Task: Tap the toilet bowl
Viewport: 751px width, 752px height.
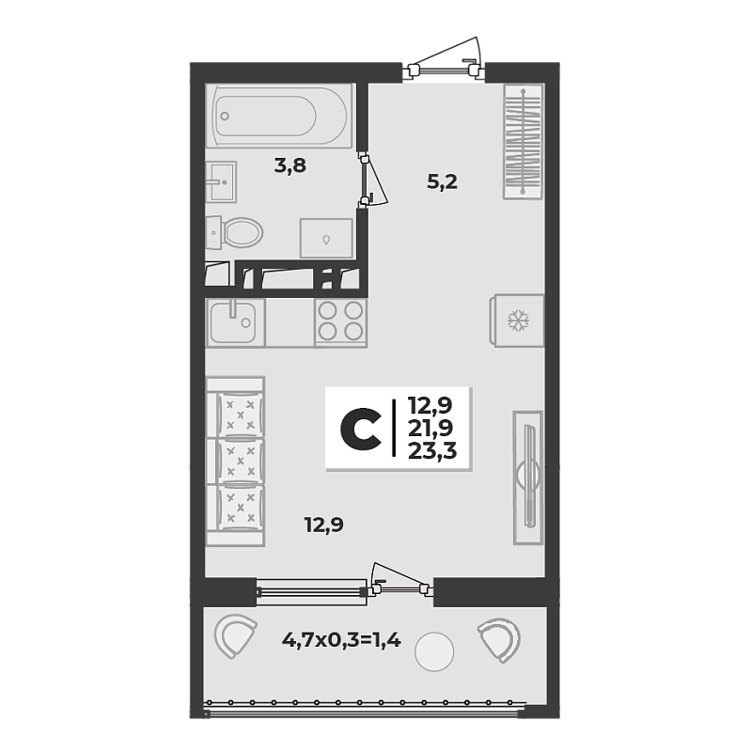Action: [x=235, y=232]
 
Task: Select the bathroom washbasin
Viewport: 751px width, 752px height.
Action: [x=221, y=181]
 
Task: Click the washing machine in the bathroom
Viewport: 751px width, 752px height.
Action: [x=326, y=238]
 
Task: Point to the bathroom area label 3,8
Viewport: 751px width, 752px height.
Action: [x=290, y=166]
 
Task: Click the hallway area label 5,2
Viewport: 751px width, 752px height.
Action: [x=442, y=181]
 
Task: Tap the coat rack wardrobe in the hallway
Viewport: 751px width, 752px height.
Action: [x=524, y=142]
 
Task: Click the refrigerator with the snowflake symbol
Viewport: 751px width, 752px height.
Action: [x=517, y=320]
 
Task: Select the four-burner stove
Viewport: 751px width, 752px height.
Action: [x=341, y=321]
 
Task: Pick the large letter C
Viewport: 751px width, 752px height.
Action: [x=361, y=430]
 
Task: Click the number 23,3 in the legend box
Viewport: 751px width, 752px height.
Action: [x=432, y=451]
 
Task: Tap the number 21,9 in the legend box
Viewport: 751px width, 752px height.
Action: [x=430, y=429]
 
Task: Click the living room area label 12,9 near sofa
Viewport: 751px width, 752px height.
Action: [x=324, y=525]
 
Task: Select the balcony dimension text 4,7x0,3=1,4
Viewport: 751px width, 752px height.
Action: [x=341, y=639]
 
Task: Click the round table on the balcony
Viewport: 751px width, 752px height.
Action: [x=434, y=651]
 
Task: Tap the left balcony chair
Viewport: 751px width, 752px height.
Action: [x=234, y=636]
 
